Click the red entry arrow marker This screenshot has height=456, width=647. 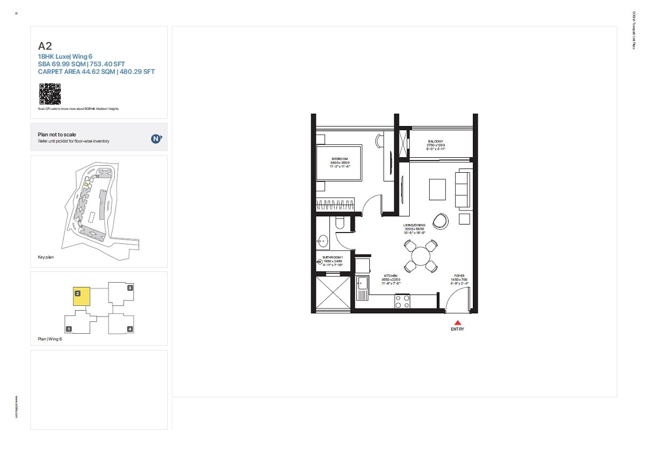pyautogui.click(x=457, y=322)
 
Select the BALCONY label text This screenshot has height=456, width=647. pyautogui.click(x=436, y=141)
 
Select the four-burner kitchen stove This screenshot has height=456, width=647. pyautogui.click(x=402, y=301)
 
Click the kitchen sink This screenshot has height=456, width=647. pyautogui.click(x=362, y=285)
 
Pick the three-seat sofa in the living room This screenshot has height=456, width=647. pyautogui.click(x=463, y=188)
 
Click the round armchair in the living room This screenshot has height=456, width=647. pyautogui.click(x=441, y=221)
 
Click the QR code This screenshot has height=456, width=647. pyautogui.click(x=50, y=94)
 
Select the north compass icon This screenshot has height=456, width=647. pyautogui.click(x=156, y=138)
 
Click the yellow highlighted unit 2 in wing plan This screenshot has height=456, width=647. pyautogui.click(x=82, y=297)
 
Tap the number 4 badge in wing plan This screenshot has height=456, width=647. pyautogui.click(x=130, y=328)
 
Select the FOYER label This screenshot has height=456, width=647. pyautogui.click(x=459, y=275)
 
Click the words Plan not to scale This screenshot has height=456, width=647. pyautogui.click(x=57, y=135)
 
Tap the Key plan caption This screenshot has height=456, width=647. pyautogui.click(x=46, y=257)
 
